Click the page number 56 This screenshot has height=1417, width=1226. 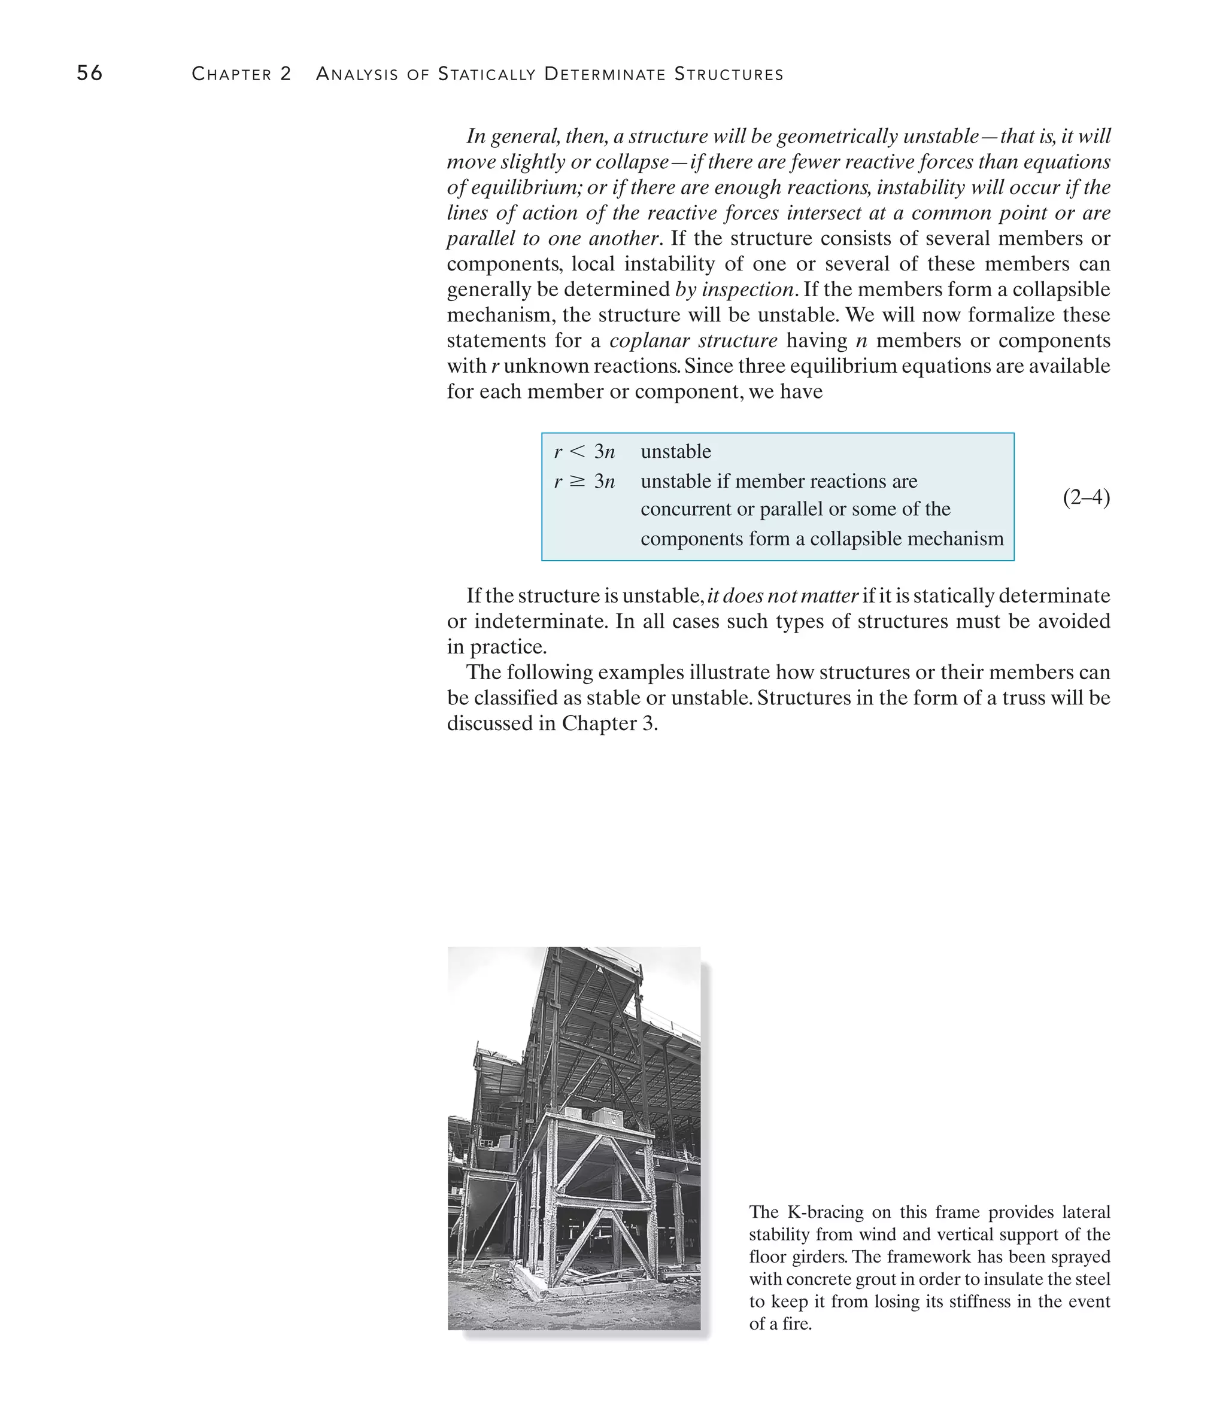90,73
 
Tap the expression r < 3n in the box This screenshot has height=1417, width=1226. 584,451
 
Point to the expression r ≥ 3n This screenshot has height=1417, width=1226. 584,482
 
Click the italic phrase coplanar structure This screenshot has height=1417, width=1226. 693,340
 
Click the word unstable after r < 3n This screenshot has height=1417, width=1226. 675,451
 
